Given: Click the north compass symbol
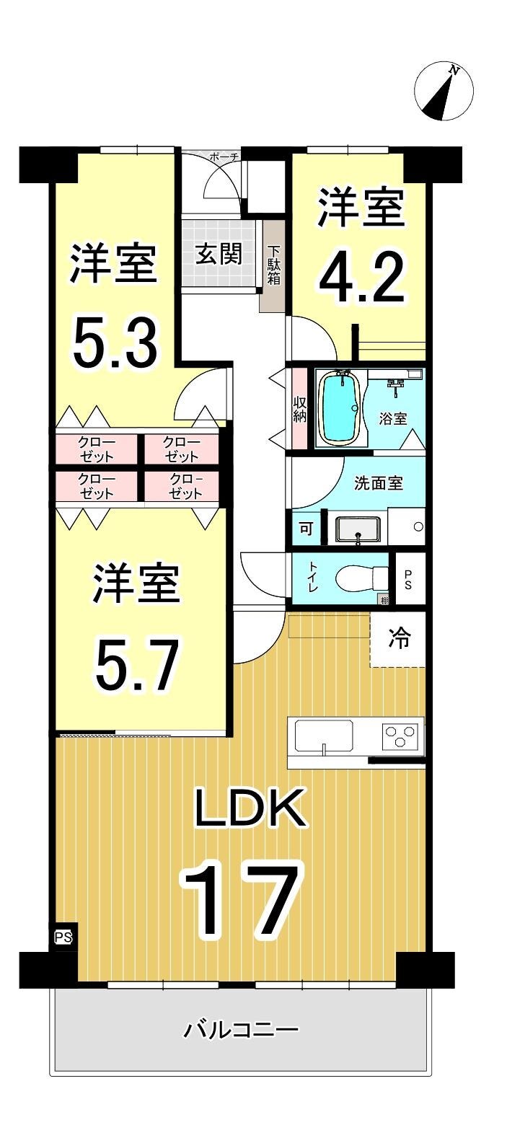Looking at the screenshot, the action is pos(444,90).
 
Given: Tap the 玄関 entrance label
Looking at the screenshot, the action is pos(219,254).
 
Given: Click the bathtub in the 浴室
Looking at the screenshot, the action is pos(341,407).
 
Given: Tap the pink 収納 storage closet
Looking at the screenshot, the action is pos(299,409).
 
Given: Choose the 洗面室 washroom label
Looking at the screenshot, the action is pos(379,483).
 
